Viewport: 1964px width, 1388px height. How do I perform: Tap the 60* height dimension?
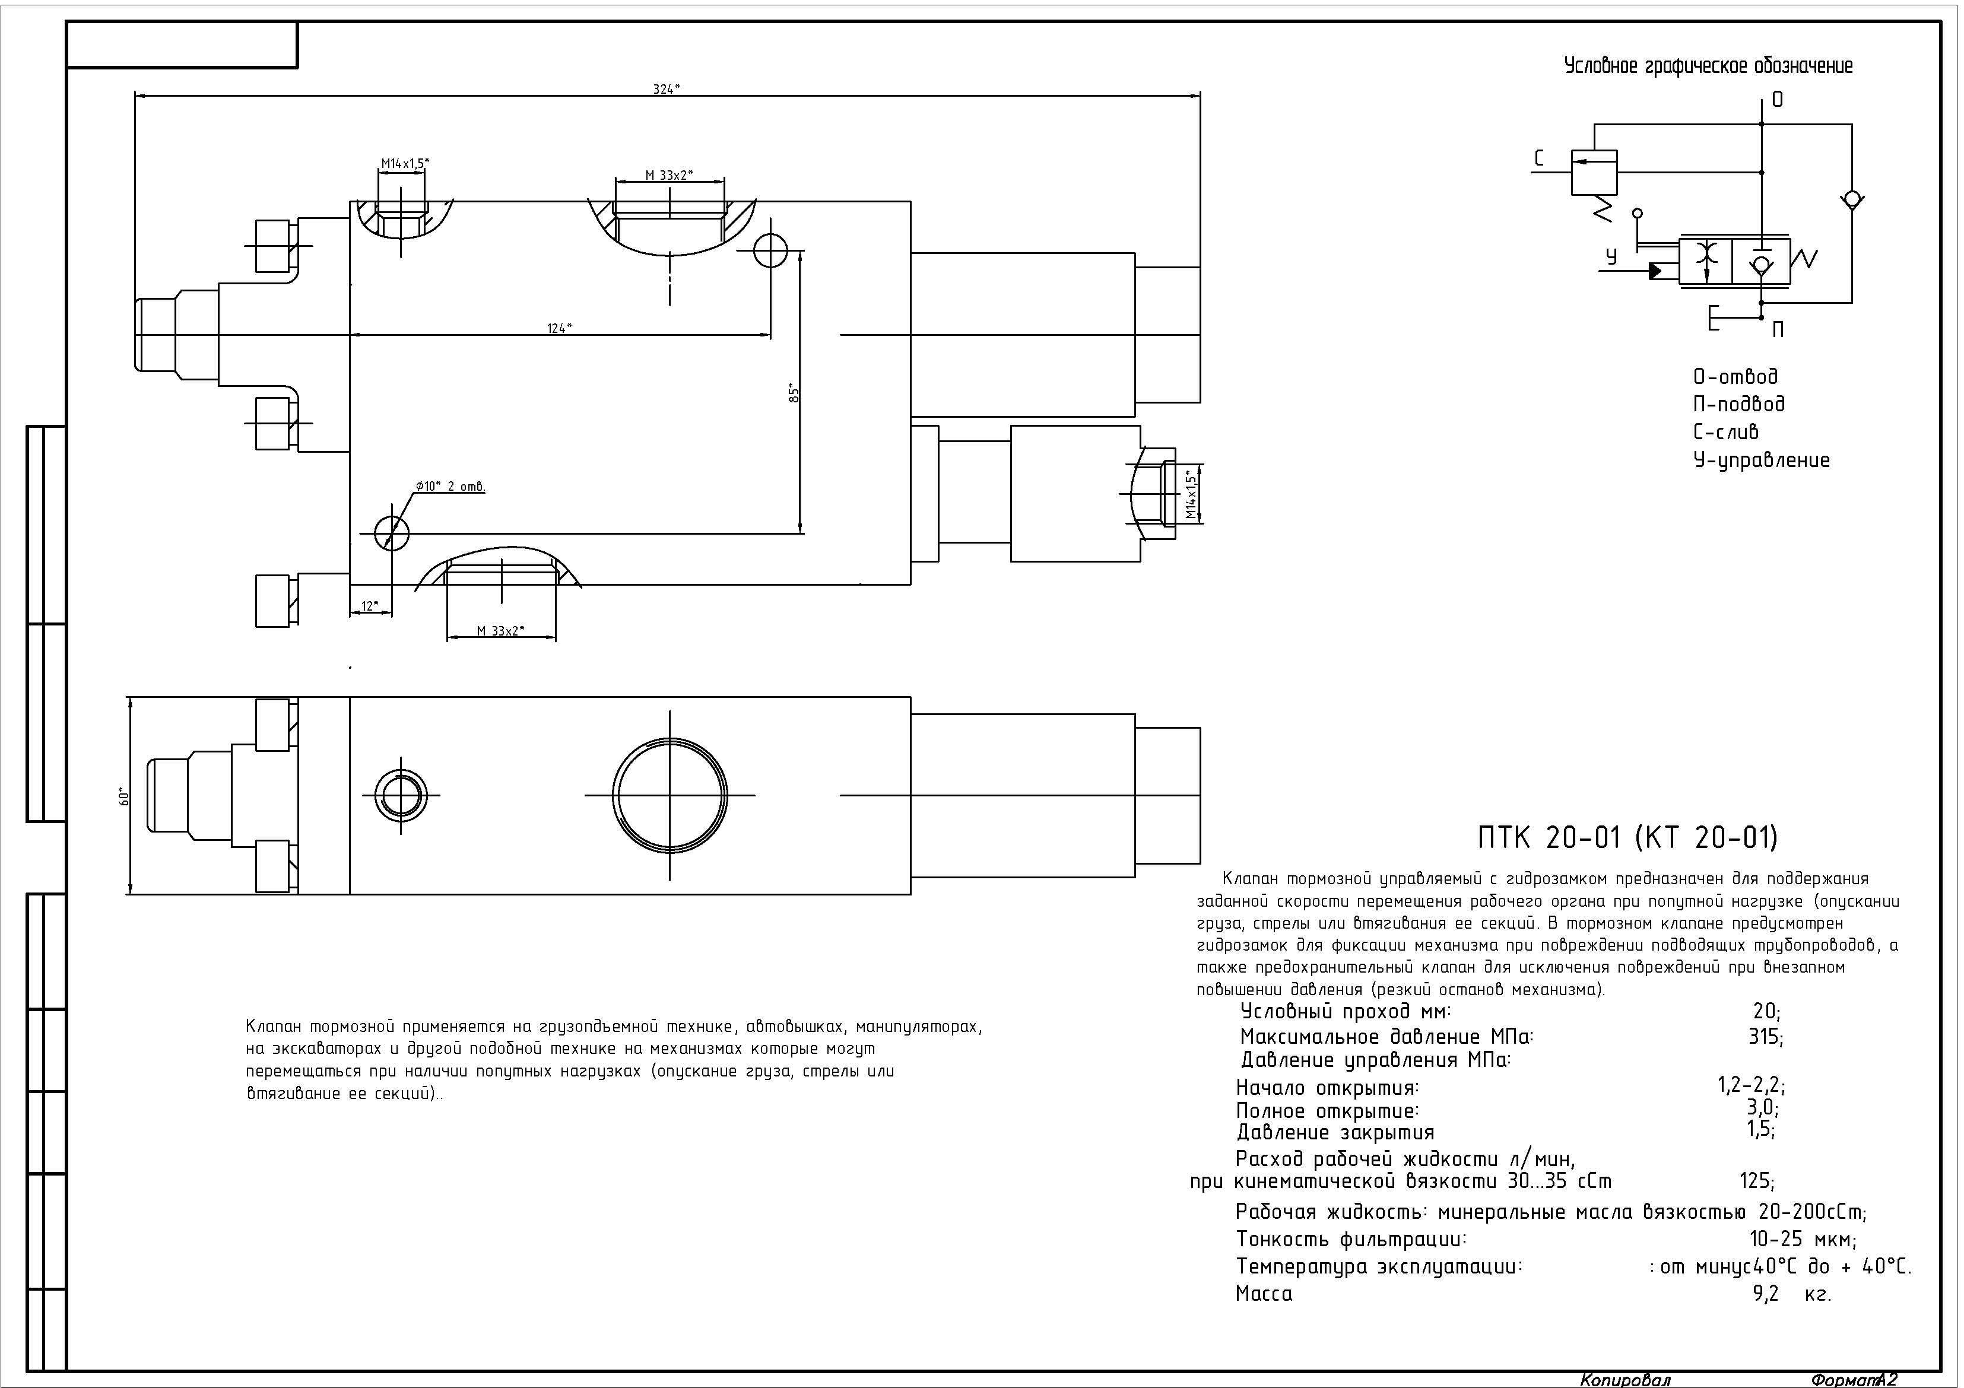(x=124, y=796)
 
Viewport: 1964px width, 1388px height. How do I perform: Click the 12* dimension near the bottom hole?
(x=370, y=605)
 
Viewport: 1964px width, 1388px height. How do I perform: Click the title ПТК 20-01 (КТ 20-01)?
(x=1628, y=837)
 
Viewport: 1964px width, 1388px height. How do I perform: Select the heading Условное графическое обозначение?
(x=1708, y=66)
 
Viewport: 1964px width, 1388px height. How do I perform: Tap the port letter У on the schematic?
(x=1611, y=256)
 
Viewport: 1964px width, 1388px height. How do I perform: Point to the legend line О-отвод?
(x=1735, y=376)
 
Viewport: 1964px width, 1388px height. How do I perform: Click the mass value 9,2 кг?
(x=1792, y=1294)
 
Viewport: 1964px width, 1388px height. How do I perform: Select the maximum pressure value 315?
(x=1766, y=1037)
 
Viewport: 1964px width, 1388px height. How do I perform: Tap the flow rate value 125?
(x=1757, y=1181)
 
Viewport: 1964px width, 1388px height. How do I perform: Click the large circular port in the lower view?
(x=670, y=795)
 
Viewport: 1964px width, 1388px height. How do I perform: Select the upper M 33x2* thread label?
(x=669, y=175)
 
